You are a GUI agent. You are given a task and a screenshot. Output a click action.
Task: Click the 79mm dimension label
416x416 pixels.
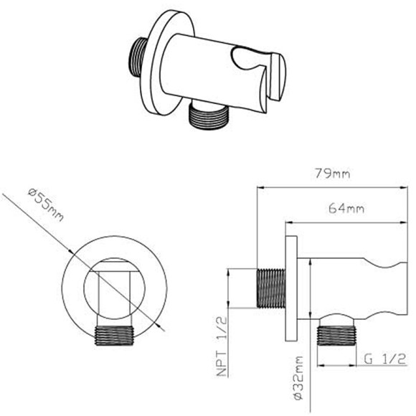point(333,174)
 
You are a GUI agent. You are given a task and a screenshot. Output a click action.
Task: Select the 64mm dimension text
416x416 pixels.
point(346,208)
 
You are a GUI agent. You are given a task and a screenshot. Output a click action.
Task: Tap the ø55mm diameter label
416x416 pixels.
point(46,205)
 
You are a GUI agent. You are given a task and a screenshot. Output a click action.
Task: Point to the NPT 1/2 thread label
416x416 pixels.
point(222,346)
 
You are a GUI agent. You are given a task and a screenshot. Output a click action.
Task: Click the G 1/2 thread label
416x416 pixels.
point(385,359)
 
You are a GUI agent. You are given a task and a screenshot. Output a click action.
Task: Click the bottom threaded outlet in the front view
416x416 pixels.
point(114,336)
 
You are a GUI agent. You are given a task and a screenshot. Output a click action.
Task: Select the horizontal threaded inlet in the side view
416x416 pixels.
point(271,288)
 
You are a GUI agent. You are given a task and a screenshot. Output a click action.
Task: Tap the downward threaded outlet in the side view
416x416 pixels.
point(336,336)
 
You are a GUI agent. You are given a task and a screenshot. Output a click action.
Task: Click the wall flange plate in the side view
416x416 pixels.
point(291,288)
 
